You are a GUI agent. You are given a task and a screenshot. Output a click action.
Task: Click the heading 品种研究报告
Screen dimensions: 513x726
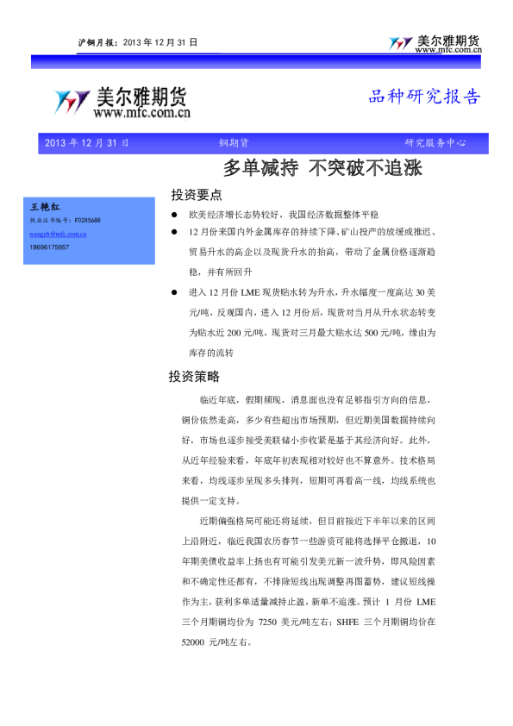pos(424,97)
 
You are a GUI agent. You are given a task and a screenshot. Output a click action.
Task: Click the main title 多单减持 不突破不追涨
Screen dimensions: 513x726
pos(322,167)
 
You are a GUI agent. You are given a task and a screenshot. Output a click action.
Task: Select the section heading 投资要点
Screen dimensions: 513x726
pos(197,195)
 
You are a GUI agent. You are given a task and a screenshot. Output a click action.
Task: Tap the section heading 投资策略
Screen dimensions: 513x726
pos(194,377)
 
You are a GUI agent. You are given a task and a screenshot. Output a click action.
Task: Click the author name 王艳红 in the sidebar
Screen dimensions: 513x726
pos(46,208)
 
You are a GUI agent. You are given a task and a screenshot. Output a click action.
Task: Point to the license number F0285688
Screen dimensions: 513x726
pos(87,221)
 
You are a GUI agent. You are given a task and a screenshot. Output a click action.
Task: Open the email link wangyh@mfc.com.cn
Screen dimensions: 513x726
pos(58,234)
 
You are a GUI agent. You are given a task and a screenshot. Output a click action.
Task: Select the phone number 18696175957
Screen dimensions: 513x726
pos(50,247)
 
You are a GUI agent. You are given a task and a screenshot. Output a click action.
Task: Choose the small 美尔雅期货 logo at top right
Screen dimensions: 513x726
pos(435,44)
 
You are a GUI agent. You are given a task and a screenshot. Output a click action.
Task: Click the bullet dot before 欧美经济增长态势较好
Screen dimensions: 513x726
pos(173,214)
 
